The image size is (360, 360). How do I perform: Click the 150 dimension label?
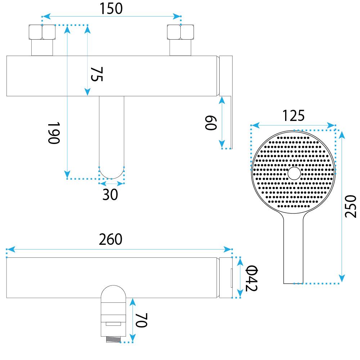tap(111, 9)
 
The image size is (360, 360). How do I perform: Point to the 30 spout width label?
tap(110, 195)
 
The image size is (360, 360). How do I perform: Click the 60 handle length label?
tap(210, 123)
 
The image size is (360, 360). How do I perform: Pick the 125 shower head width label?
tap(293, 116)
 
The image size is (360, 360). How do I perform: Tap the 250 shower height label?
tap(350, 206)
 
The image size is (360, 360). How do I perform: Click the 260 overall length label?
tap(111, 239)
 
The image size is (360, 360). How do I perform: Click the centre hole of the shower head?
tap(294, 173)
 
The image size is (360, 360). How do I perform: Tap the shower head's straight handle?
tap(294, 252)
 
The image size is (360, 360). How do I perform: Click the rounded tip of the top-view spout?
tap(112, 173)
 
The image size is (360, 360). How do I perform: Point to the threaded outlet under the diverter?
tap(113, 339)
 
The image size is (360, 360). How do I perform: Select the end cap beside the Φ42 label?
tap(226, 278)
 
